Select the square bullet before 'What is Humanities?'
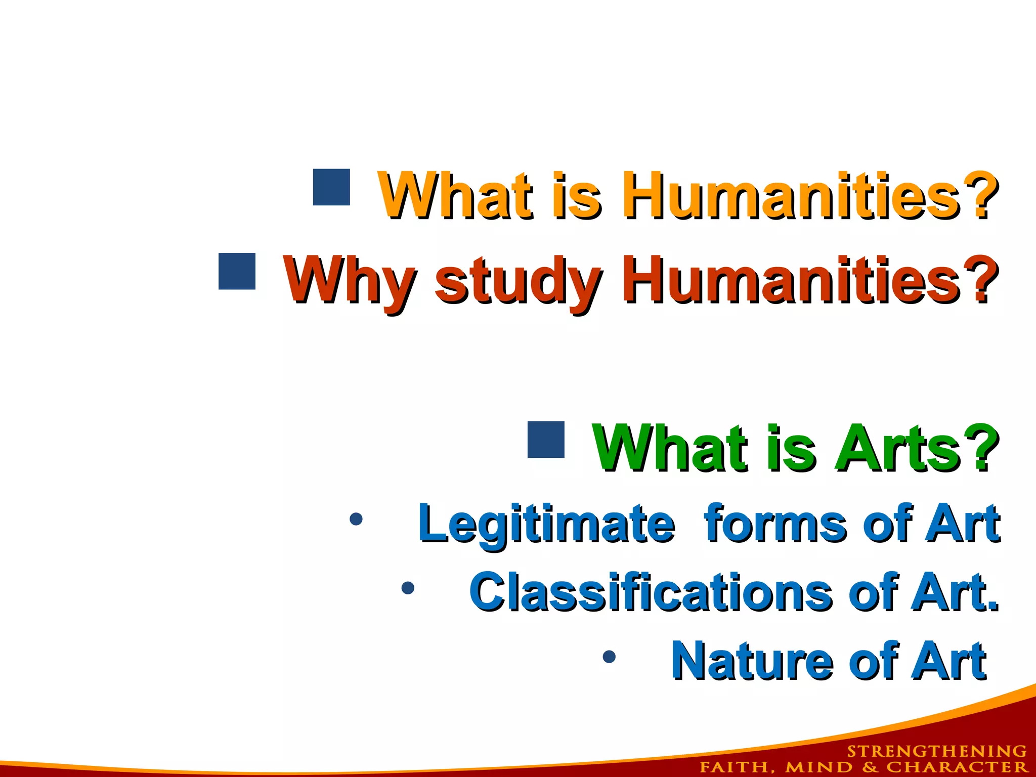click(x=331, y=187)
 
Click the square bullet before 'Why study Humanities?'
click(x=237, y=272)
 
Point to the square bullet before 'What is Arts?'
click(x=546, y=440)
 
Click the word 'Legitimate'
click(x=546, y=524)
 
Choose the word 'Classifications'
click(x=651, y=592)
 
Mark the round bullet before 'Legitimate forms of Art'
click(x=356, y=519)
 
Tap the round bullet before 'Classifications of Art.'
click(x=408, y=588)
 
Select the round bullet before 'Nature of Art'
click(x=610, y=657)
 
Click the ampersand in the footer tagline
click(x=870, y=767)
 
